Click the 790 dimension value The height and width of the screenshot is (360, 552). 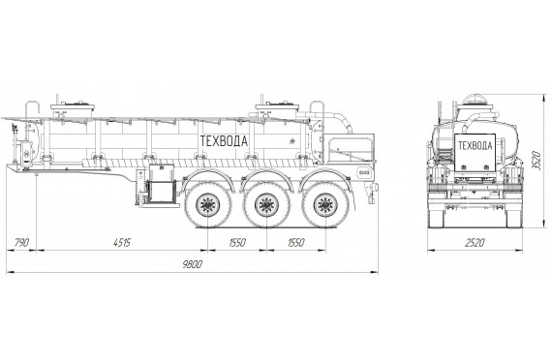coord(22,243)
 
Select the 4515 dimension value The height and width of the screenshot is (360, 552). coord(122,243)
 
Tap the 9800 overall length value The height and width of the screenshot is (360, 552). coord(192,264)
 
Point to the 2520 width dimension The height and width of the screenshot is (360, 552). coord(475,243)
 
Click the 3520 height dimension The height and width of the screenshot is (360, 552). coord(536,161)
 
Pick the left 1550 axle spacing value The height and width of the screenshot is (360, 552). coord(237,243)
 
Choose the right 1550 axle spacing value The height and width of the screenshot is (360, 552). coord(296,243)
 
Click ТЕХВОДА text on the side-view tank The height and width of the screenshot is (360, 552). coord(224,140)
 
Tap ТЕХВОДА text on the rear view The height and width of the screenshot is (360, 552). coord(475,145)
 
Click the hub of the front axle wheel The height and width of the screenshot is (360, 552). coord(208,205)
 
